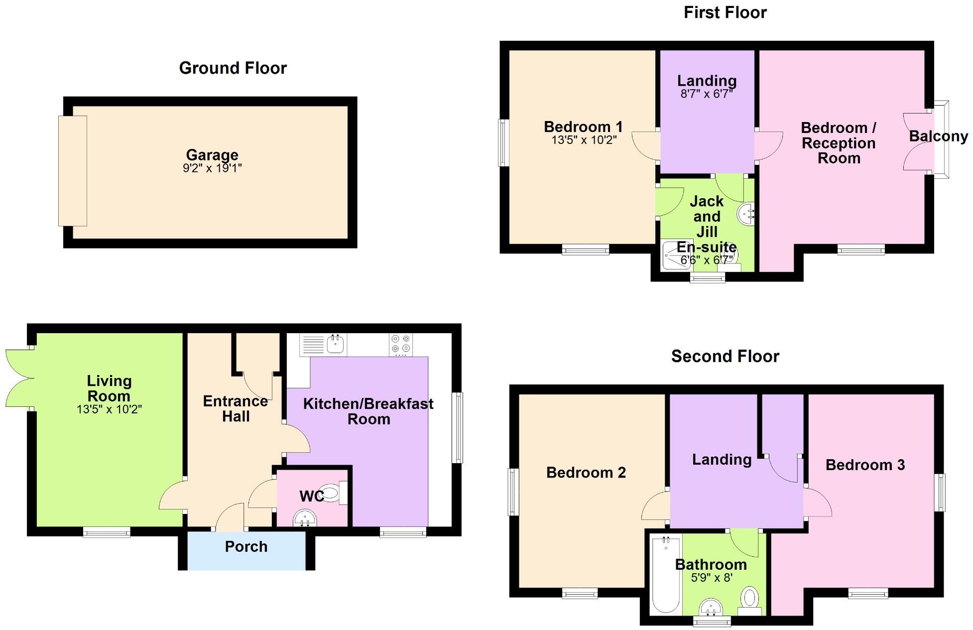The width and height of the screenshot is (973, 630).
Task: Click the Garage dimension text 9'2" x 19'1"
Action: coord(212,168)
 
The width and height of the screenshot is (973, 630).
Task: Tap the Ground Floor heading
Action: coord(233,68)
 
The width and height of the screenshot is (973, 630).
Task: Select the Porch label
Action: coord(246,547)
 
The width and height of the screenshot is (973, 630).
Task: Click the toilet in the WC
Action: coord(332,493)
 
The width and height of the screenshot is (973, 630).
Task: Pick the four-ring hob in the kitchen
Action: coord(401,344)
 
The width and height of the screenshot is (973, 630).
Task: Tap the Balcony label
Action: coord(938,136)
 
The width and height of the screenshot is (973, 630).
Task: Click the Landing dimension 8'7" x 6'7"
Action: coord(707,94)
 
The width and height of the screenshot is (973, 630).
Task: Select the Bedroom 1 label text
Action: coord(583,127)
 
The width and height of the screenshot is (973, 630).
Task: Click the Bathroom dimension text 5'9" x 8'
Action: coord(711,578)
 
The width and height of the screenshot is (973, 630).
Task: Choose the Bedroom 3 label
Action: coord(865,465)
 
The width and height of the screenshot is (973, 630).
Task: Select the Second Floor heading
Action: coord(725,357)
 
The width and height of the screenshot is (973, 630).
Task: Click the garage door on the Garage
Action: coord(73,171)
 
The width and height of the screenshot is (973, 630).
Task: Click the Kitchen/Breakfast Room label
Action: coord(368,411)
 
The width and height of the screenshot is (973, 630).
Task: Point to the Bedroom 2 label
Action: coord(586,473)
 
